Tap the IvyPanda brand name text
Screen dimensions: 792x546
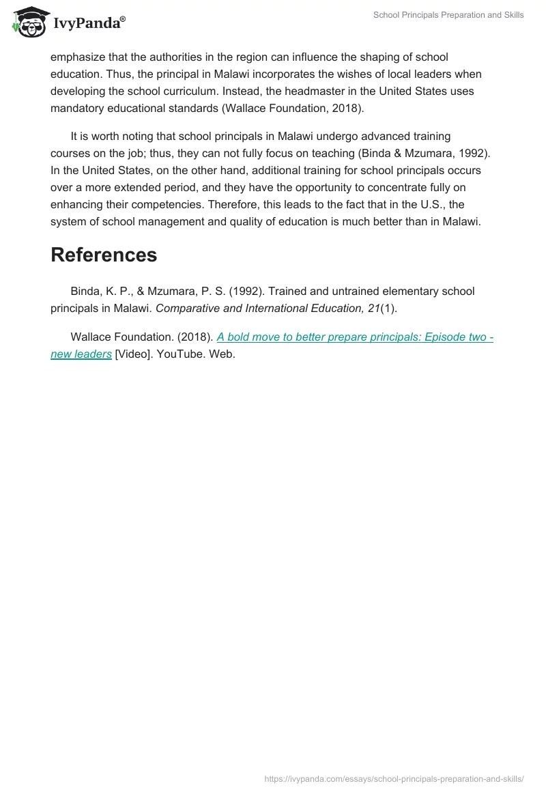point(89,23)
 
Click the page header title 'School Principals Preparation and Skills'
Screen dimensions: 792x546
point(448,15)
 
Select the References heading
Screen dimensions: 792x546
point(104,255)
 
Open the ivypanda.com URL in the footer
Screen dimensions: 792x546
point(394,778)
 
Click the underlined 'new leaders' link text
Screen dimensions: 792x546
point(81,355)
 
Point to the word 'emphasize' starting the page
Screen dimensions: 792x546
point(77,57)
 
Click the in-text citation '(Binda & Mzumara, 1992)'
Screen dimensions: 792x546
point(424,154)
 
